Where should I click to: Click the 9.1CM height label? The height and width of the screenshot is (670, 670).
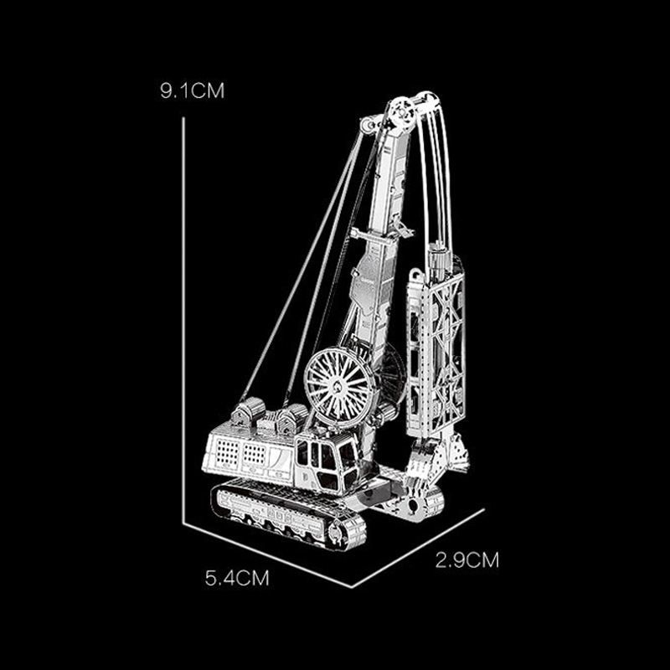pos(192,91)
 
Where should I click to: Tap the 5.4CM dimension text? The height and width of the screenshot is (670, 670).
pos(237,579)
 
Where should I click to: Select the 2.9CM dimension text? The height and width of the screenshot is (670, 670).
pos(467,560)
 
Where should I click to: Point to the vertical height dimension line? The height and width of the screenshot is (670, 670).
pos(183,320)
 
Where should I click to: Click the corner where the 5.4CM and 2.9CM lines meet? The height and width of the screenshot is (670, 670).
pos(351,587)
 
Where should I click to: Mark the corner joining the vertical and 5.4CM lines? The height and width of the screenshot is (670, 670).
pos(183,523)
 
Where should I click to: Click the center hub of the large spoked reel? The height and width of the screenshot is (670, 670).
pos(338,387)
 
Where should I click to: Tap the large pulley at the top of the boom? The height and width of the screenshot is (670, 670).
pos(403,113)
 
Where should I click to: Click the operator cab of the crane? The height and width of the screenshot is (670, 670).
pos(327,464)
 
